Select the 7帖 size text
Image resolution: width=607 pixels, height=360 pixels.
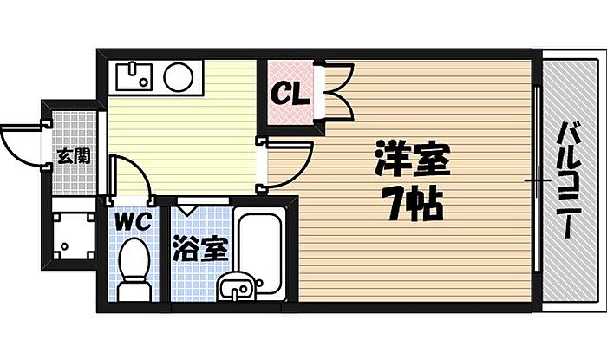tap(413, 206)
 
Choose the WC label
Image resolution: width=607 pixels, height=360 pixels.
tap(134, 221)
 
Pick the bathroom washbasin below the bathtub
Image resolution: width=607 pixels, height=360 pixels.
tap(236, 286)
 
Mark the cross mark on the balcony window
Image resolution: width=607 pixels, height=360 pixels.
tap(538, 181)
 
